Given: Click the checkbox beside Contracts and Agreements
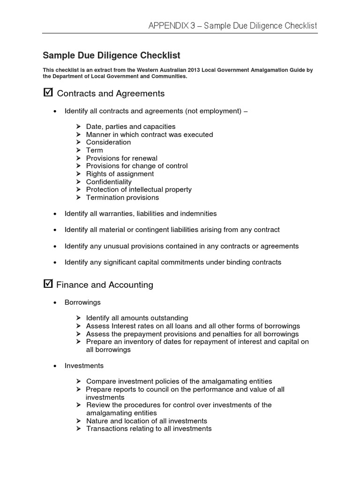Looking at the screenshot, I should [47, 92].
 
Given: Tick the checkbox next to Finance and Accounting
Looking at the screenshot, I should [47, 284].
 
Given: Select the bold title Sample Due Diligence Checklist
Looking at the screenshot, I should [112, 55].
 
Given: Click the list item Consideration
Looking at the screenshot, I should [108, 142].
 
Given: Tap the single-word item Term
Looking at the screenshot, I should [94, 150].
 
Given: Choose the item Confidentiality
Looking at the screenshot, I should [109, 181].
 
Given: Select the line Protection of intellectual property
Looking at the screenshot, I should [139, 189].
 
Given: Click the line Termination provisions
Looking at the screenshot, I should [122, 197].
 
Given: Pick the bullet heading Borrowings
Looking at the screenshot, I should [82, 302].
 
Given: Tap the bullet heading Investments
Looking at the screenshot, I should [84, 365].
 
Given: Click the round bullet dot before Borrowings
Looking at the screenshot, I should [55, 303].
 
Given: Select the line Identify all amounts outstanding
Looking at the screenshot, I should [137, 318].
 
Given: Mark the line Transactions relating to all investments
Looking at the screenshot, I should [149, 428].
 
